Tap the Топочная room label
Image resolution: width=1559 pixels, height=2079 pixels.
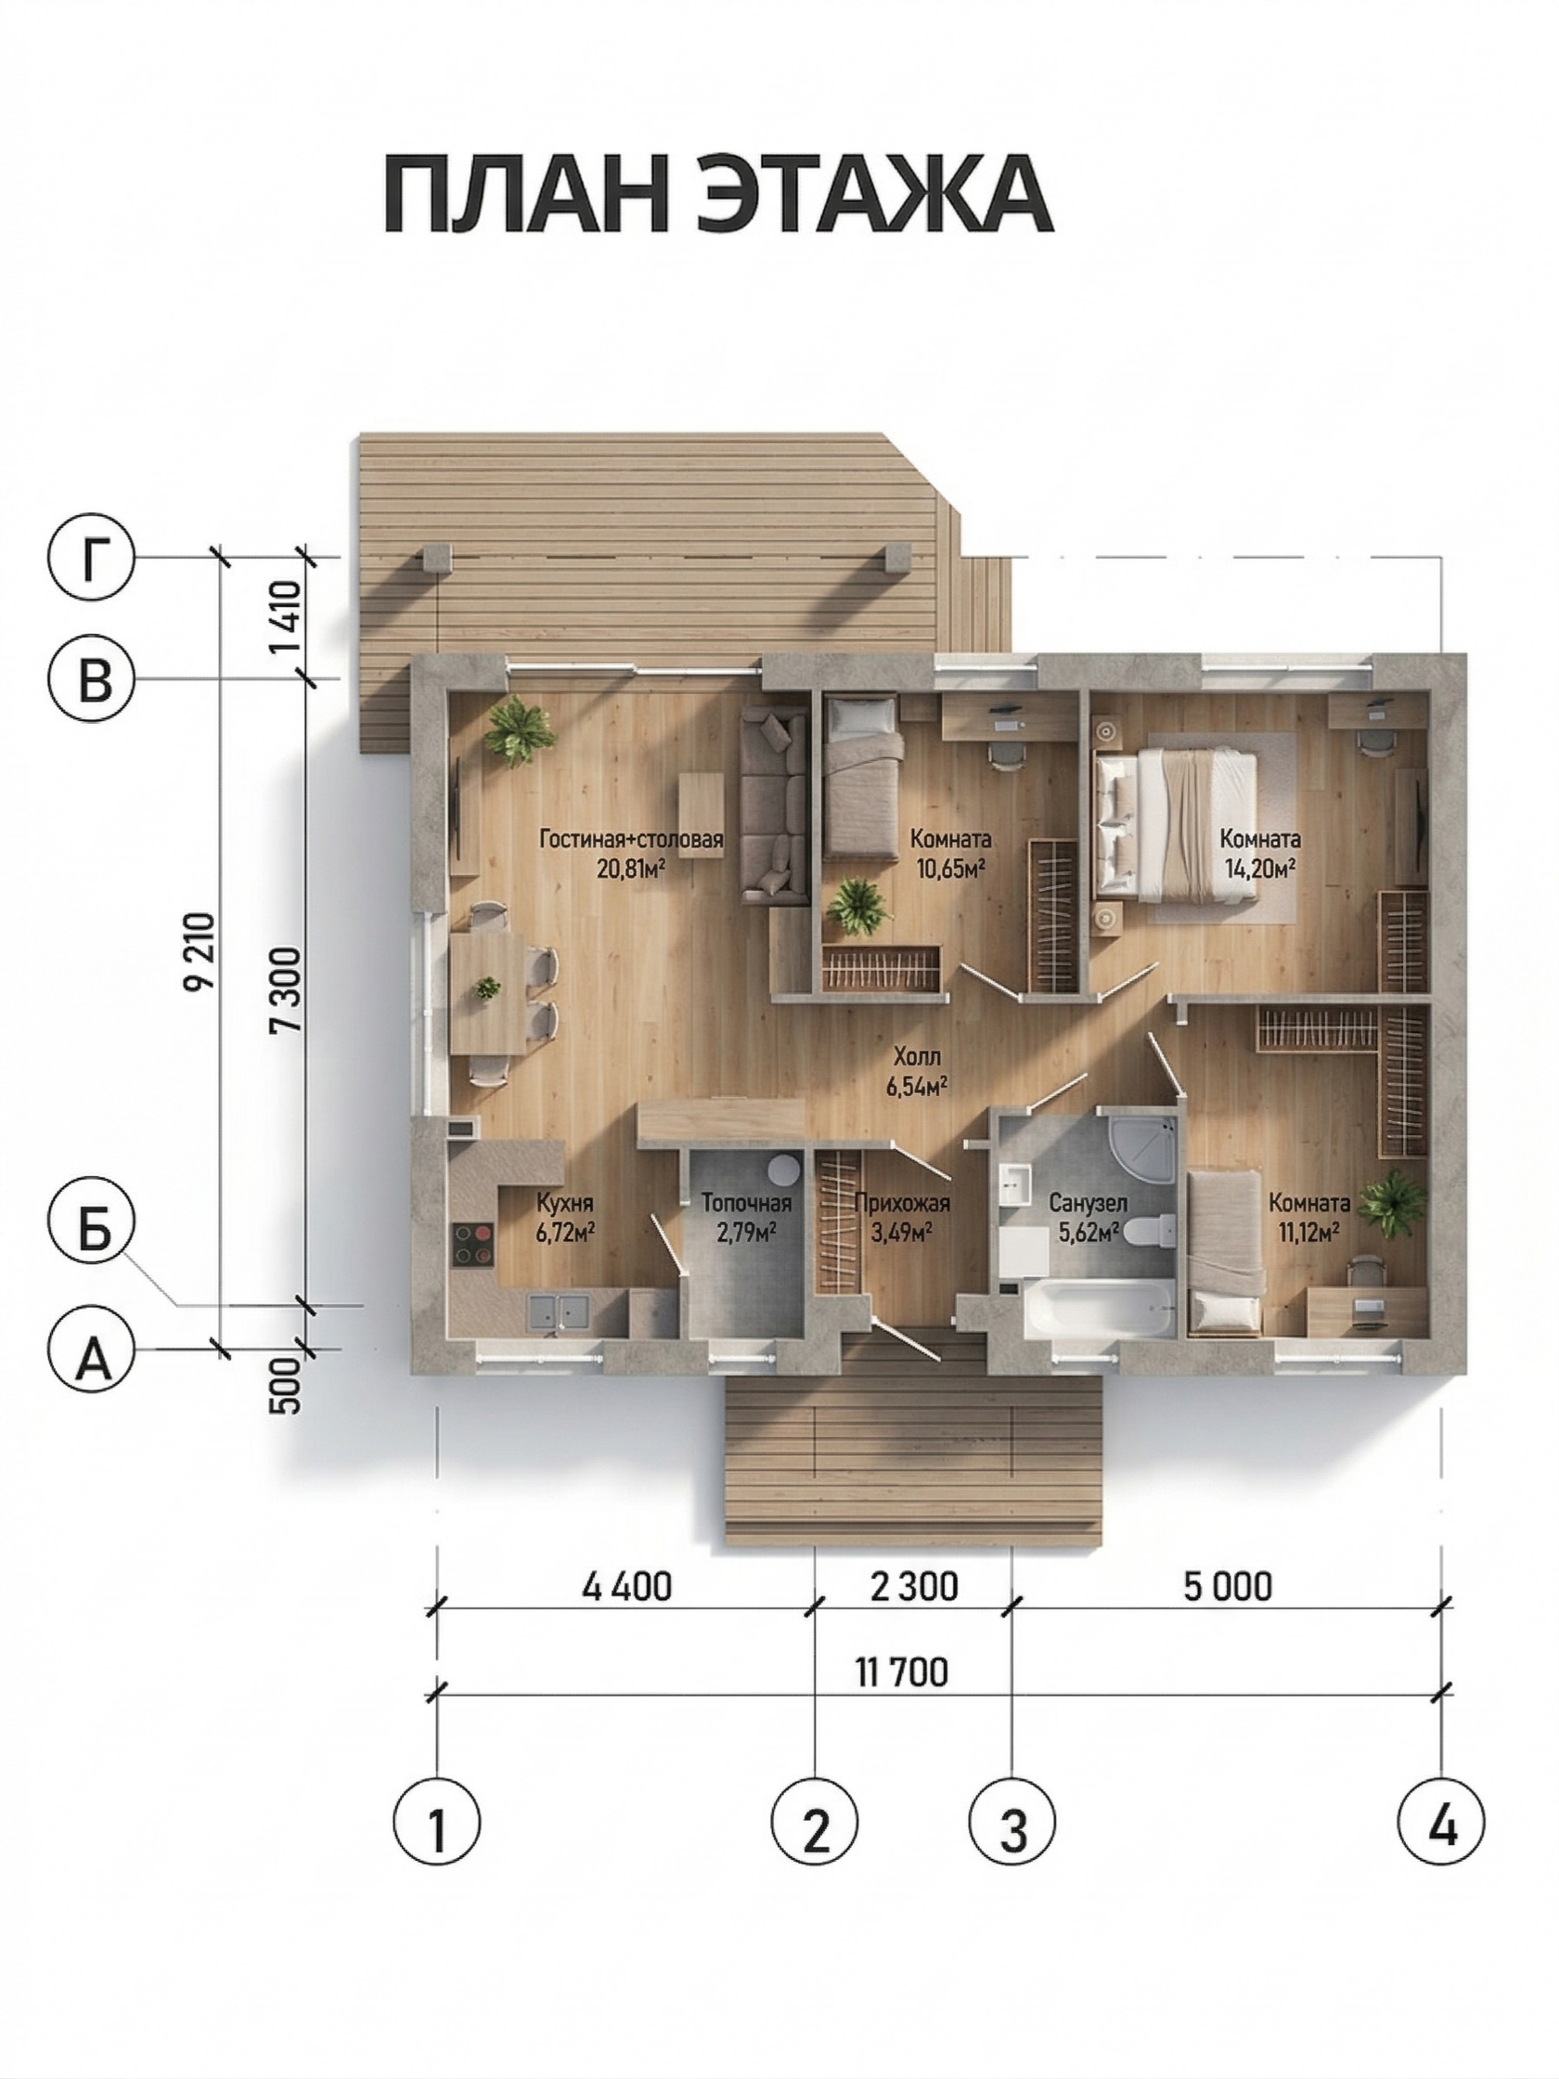coord(746,1203)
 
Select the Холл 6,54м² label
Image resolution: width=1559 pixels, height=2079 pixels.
coord(915,1072)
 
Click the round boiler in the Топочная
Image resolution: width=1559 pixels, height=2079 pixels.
coord(783,1170)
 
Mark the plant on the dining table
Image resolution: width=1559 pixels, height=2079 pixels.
coord(487,987)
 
